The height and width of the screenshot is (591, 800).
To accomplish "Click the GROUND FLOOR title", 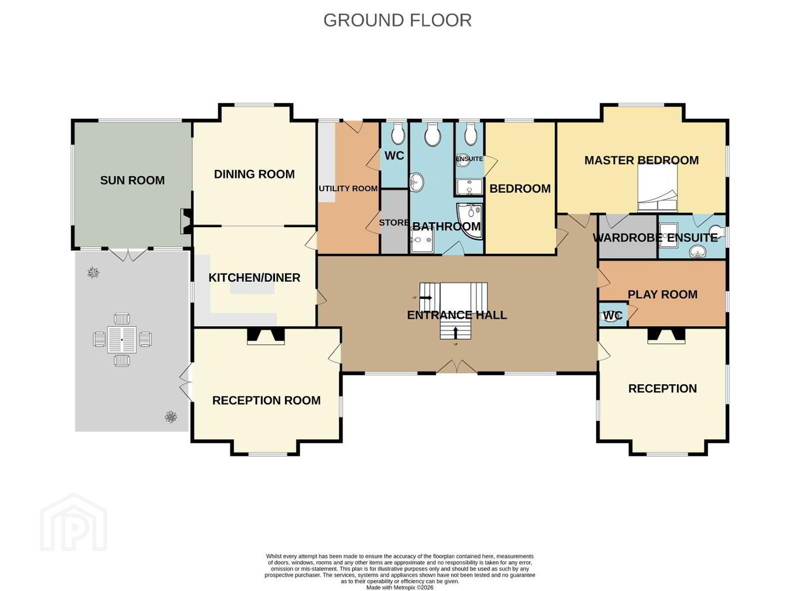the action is tap(397, 20).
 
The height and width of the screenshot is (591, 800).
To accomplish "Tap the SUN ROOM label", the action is tap(132, 180).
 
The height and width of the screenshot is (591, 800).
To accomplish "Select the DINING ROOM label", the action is tap(254, 175).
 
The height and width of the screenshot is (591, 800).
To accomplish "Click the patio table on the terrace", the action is tap(122, 339).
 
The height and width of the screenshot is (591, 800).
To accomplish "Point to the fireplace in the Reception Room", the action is tap(266, 337).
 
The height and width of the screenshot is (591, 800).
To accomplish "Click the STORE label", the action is tap(394, 223).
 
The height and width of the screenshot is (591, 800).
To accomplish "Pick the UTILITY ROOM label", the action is tap(348, 188).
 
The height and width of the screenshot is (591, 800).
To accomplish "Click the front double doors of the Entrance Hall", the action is tap(457, 367).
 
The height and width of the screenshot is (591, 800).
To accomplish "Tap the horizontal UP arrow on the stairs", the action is tap(426, 298).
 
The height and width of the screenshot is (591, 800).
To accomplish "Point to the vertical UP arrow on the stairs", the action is tap(456, 333).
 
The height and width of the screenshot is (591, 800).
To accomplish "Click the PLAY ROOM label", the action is tap(663, 294).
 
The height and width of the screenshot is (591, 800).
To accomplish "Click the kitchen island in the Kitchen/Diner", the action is tap(253, 288).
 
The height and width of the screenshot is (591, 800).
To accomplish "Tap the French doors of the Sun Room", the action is tap(128, 255).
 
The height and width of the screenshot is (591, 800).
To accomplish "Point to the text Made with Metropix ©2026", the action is tap(400, 587).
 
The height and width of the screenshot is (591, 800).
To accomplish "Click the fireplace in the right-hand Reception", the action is tap(666, 336).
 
